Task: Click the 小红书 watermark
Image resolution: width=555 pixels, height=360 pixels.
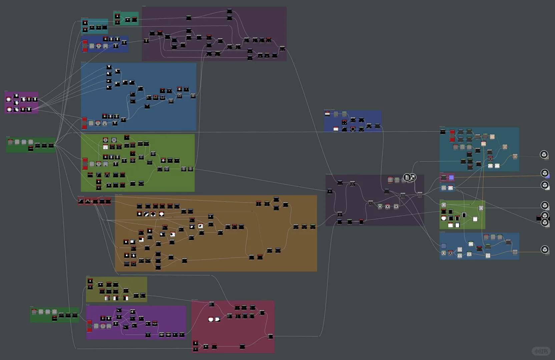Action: point(541,351)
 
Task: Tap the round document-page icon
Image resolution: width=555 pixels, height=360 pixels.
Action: point(407,177)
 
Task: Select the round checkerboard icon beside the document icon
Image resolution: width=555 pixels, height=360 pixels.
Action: point(413,177)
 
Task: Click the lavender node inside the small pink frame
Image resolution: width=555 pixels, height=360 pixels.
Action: point(451,177)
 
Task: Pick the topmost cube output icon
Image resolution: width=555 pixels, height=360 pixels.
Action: point(544,154)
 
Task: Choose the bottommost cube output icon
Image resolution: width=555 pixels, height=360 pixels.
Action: point(544,249)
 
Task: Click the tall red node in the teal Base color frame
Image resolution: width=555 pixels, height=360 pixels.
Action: point(452,136)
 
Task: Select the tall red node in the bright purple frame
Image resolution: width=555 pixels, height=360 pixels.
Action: point(89,326)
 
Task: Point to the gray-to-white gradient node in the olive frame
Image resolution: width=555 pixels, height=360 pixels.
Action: point(107,298)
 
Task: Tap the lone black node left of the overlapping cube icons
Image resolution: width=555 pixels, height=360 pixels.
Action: point(539,218)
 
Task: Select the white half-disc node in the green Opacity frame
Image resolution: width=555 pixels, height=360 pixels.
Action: point(444,218)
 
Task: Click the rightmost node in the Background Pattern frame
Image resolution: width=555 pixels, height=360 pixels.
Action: point(377,126)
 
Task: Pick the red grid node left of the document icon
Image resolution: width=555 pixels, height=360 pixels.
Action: point(390,180)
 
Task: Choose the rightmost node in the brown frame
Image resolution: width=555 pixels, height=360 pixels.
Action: point(313,227)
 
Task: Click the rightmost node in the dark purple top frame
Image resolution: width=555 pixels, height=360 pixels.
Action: point(282,49)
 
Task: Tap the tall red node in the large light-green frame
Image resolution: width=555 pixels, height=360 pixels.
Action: point(85,164)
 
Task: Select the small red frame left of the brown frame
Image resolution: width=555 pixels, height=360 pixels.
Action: point(95,201)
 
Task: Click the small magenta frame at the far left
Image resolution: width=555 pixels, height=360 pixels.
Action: point(21,103)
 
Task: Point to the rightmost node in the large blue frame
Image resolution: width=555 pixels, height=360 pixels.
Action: point(193,96)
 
